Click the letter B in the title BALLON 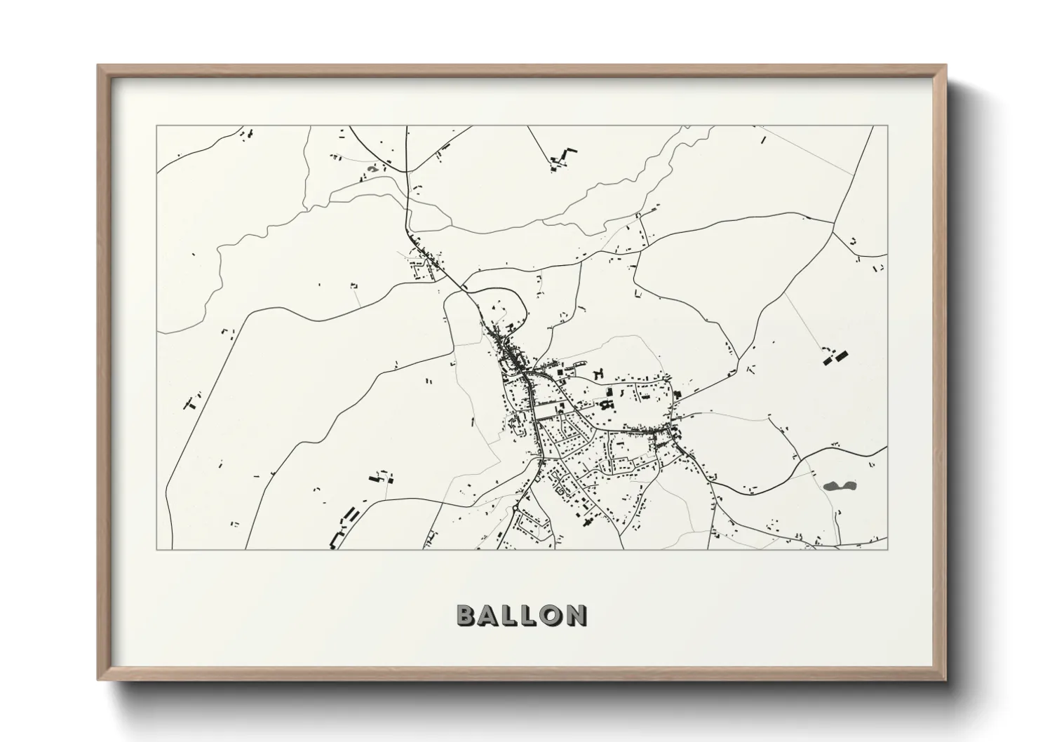click(x=467, y=615)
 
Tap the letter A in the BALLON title click(x=491, y=615)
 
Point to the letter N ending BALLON click(x=575, y=615)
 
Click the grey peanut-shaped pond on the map click(x=835, y=485)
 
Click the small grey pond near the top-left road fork click(x=375, y=168)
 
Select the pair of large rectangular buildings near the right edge click(x=835, y=358)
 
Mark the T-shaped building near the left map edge click(x=191, y=403)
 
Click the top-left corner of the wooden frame click(x=99, y=66)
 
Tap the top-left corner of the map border click(x=156, y=126)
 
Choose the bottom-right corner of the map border click(x=887, y=549)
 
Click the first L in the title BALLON click(x=512, y=615)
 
